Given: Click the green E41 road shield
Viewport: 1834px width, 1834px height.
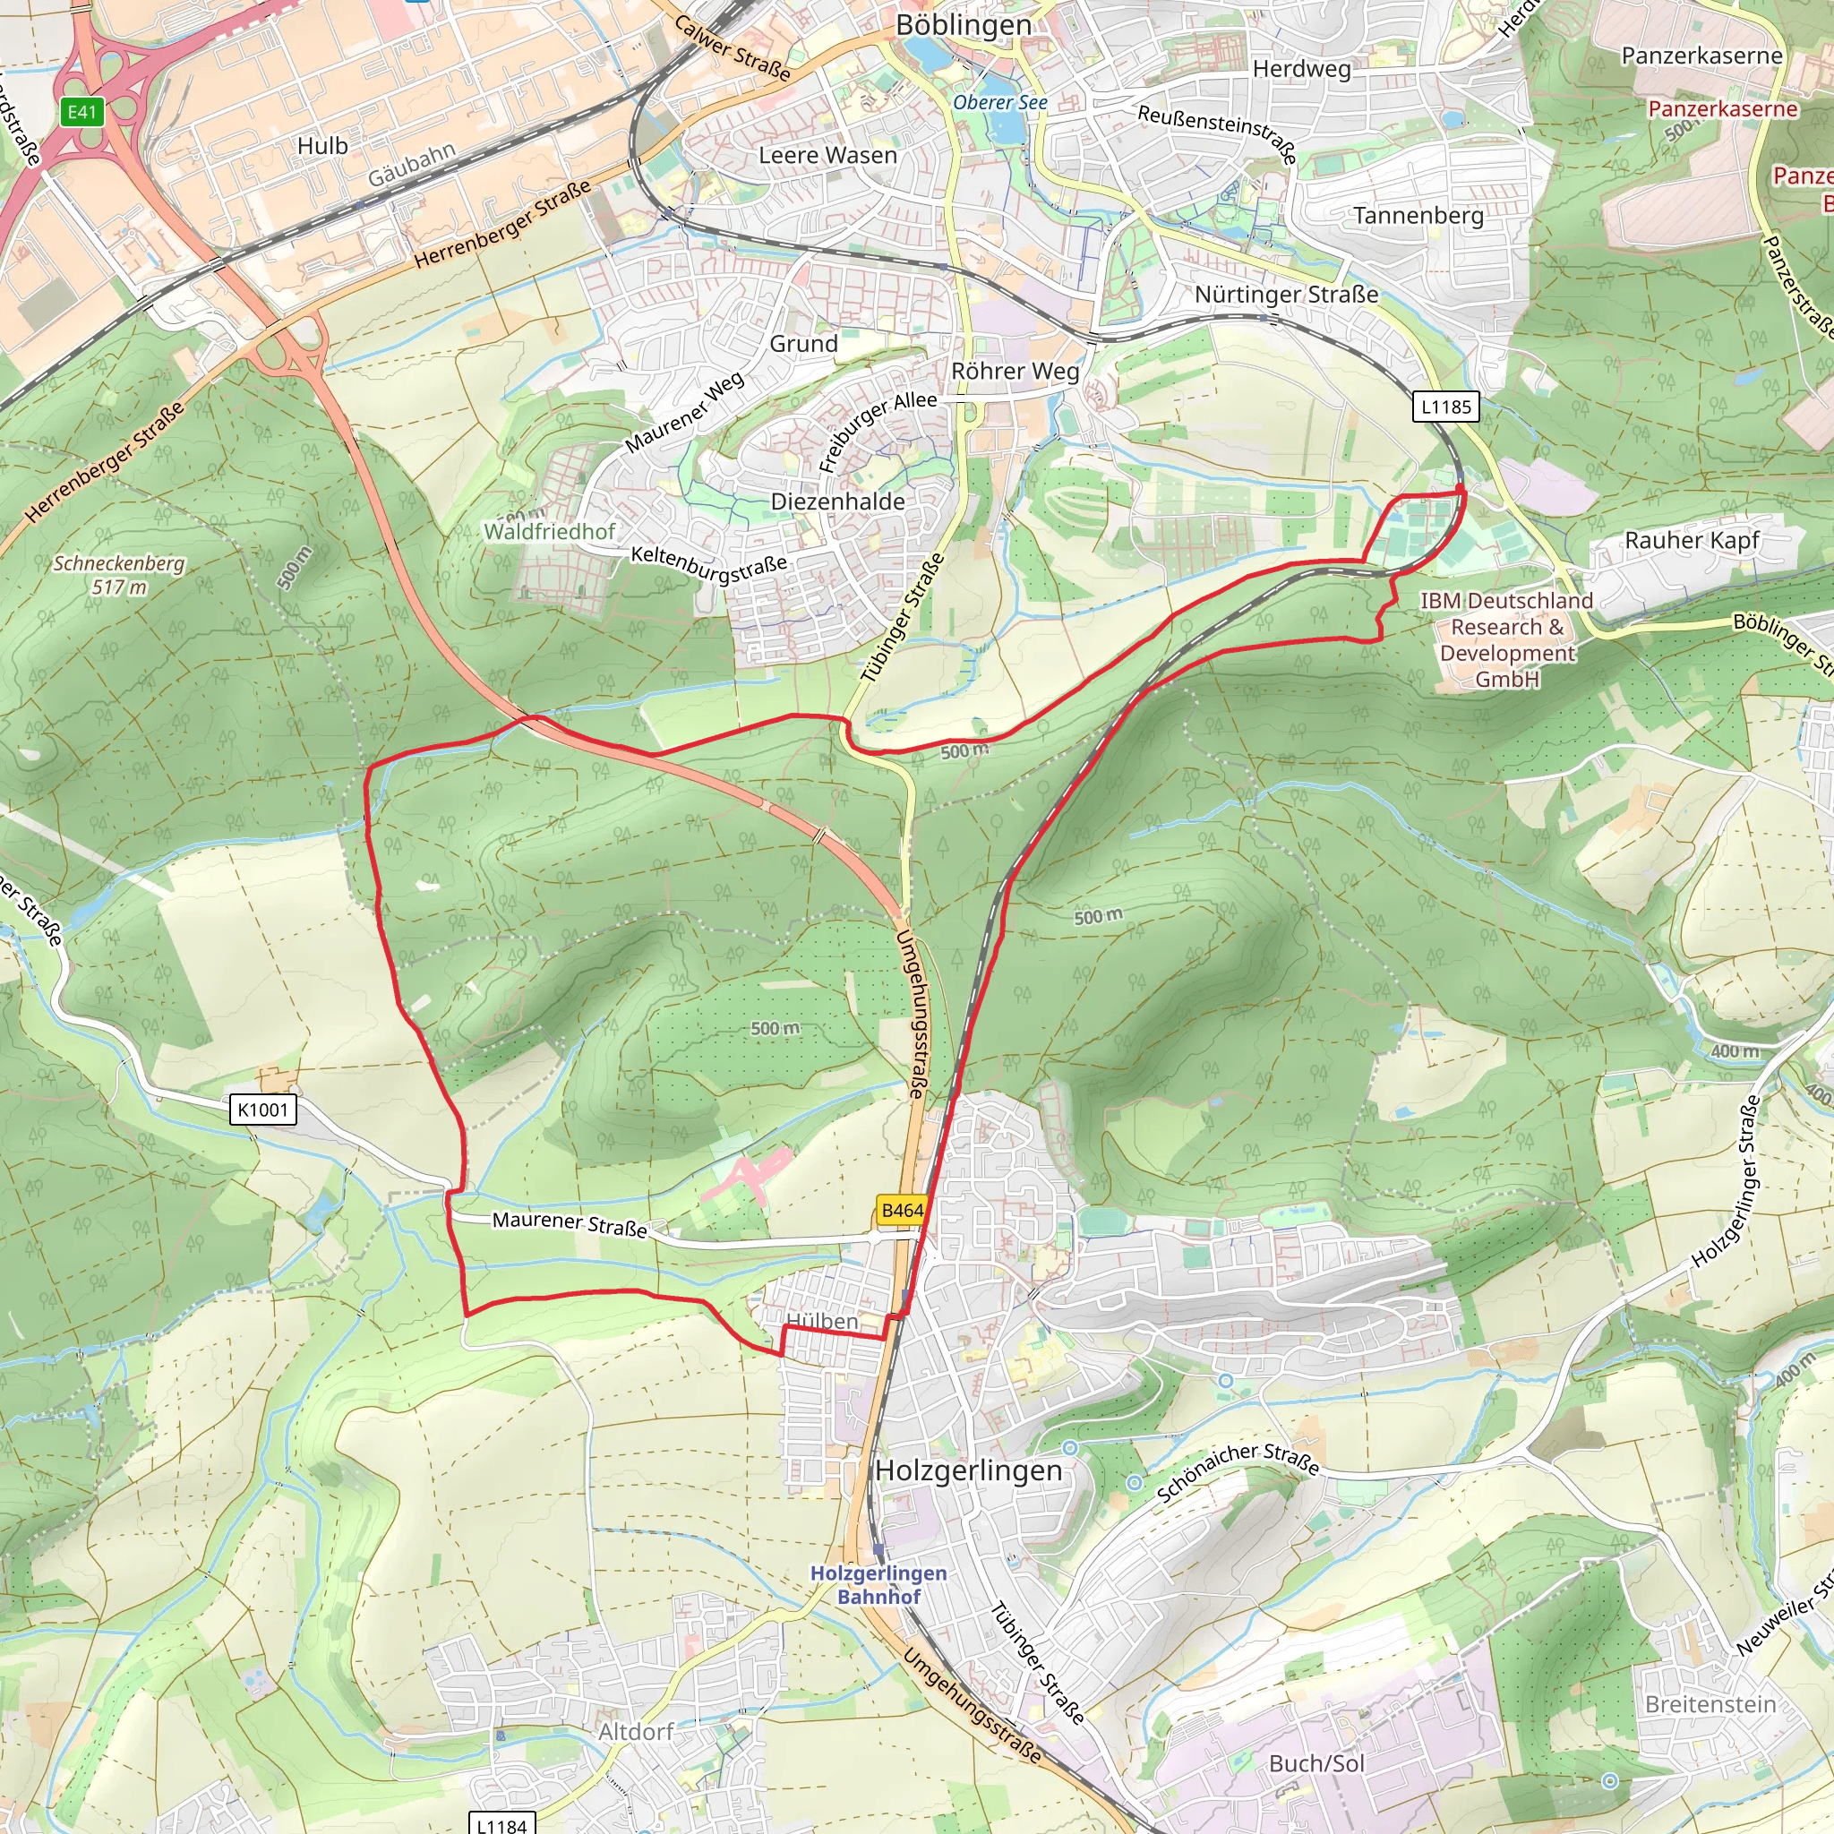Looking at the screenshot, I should pyautogui.click(x=81, y=112).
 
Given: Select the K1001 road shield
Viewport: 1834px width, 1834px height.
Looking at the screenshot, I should pyautogui.click(x=263, y=1109).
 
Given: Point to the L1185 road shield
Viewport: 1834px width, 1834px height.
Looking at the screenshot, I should pyautogui.click(x=1444, y=407).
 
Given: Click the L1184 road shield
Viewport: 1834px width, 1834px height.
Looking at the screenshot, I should pyautogui.click(x=501, y=1824).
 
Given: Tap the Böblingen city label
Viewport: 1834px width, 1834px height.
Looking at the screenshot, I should pyautogui.click(x=963, y=25).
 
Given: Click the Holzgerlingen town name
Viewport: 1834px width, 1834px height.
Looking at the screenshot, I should pyautogui.click(x=968, y=1470).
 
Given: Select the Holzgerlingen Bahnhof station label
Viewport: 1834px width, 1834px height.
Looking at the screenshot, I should pyautogui.click(x=878, y=1584).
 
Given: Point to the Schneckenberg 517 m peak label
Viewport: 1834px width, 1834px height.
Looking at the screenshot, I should pyautogui.click(x=119, y=574).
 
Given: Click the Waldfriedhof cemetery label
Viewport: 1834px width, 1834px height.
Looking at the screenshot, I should pyautogui.click(x=550, y=532).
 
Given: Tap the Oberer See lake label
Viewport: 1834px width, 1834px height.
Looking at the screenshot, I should pyautogui.click(x=999, y=102).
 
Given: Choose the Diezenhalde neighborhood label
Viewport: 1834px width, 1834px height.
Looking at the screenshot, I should pyautogui.click(x=837, y=501).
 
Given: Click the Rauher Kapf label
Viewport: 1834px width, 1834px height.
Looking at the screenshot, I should pyautogui.click(x=1692, y=540).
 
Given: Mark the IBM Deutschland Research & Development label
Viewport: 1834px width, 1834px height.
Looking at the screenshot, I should pyautogui.click(x=1506, y=638).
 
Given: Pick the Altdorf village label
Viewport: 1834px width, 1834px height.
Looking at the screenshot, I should pyautogui.click(x=635, y=1732).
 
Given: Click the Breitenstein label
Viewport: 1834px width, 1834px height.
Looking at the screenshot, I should pyautogui.click(x=1710, y=1704).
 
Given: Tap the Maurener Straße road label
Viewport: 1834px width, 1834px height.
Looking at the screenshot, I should pyautogui.click(x=570, y=1223).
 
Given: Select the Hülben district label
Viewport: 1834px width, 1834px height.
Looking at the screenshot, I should pyautogui.click(x=822, y=1322).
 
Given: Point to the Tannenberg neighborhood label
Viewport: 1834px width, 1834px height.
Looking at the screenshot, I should pyautogui.click(x=1418, y=216).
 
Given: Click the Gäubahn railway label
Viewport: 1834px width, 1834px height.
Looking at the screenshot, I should pyautogui.click(x=412, y=164).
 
